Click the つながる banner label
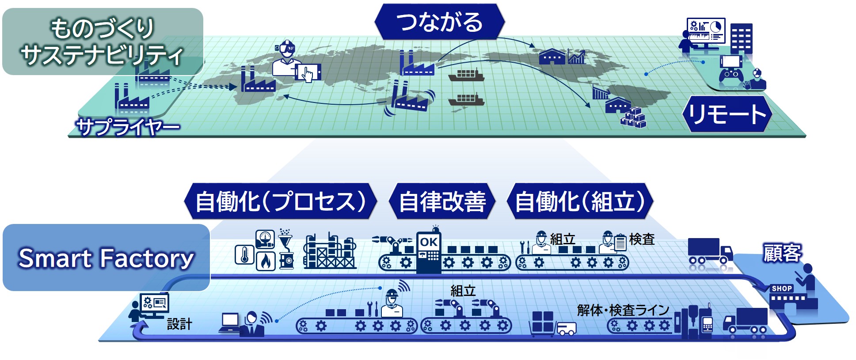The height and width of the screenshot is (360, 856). (439, 22)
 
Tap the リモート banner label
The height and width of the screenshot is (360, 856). (727, 114)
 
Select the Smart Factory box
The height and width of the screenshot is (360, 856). (106, 258)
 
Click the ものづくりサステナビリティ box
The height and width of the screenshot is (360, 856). (102, 41)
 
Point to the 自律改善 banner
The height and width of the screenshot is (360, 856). (442, 201)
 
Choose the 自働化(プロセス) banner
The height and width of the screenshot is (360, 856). (280, 201)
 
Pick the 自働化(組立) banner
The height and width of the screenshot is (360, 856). (579, 201)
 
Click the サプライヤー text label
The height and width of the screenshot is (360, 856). (128, 127)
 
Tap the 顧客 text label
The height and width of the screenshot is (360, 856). (782, 253)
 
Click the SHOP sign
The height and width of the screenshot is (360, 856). (781, 288)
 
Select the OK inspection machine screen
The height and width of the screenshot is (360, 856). (429, 242)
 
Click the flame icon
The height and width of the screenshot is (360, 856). (266, 261)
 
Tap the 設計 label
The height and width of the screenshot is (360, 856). (179, 324)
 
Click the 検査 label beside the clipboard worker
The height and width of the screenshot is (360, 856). (642, 239)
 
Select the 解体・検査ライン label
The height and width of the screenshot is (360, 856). (623, 310)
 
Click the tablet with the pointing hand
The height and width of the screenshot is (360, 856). (308, 72)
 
